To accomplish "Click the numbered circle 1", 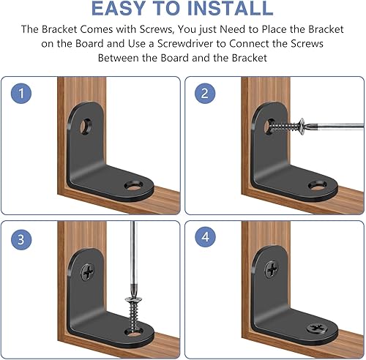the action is (x=21, y=94).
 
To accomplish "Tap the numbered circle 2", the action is (x=205, y=94).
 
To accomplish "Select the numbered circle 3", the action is (x=21, y=239).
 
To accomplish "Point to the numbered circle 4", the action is (x=205, y=237).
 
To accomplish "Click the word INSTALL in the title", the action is (x=230, y=8).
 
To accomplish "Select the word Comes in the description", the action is (x=96, y=29).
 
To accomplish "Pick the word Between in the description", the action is (x=119, y=58).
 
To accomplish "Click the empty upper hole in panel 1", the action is (x=86, y=127).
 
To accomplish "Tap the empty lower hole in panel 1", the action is (x=133, y=186).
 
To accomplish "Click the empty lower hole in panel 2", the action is (x=317, y=186).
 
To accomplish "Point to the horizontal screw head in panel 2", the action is (x=302, y=127).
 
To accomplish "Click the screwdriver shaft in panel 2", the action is (x=335, y=127).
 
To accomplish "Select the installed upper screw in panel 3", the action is (x=87, y=271).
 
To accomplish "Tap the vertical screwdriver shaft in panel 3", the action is (x=133, y=258).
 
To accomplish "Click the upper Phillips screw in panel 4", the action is (x=271, y=269).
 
